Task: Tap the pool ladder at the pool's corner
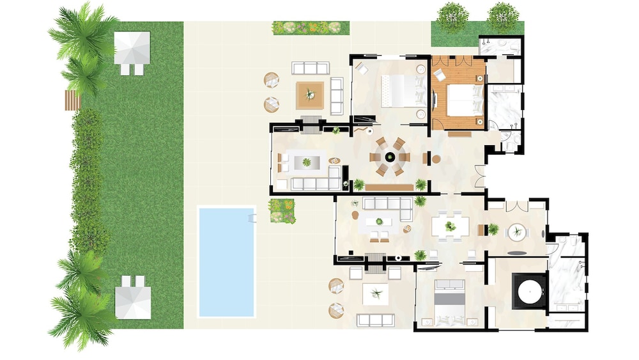tap(251, 219)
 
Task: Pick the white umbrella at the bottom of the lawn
tap(133, 302)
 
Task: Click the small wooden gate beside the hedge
tap(72, 100)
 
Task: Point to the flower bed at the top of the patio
tap(311, 27)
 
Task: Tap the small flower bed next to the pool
tap(282, 211)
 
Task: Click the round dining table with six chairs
tap(389, 157)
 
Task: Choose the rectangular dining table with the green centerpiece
tap(450, 226)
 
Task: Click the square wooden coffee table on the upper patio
tap(310, 95)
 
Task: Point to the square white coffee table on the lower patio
tap(376, 295)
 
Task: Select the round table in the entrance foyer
tap(516, 232)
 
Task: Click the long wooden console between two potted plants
tap(389, 187)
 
